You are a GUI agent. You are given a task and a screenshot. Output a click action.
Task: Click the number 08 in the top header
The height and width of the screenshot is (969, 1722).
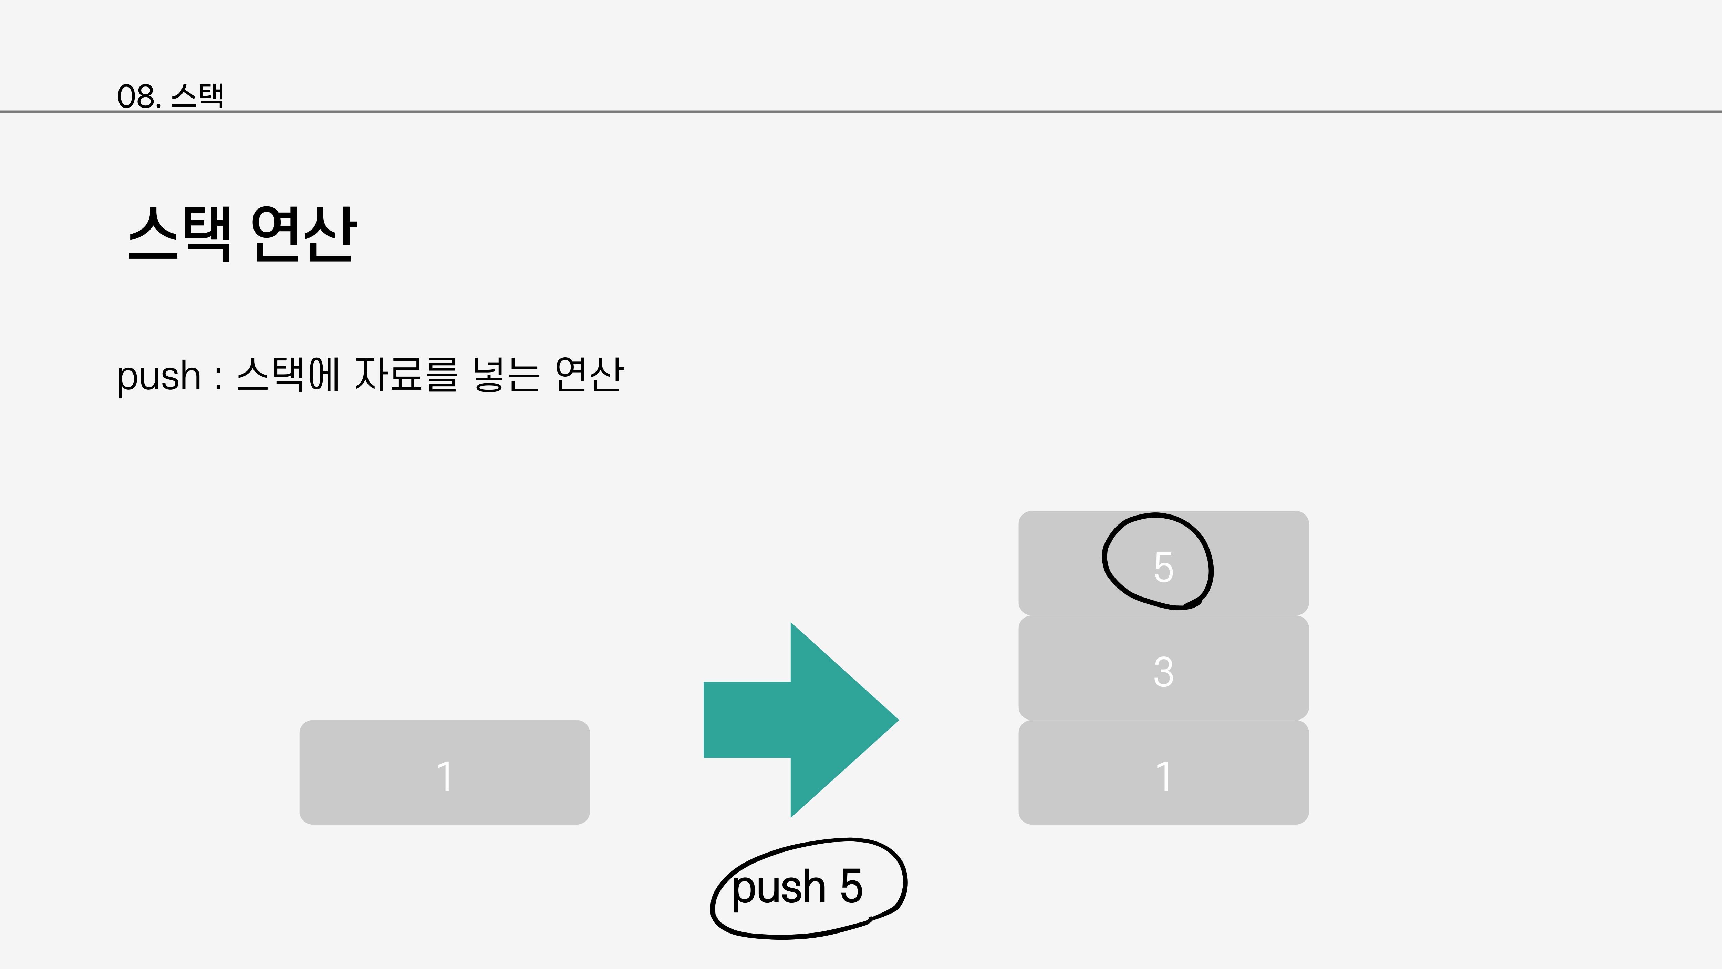coord(136,96)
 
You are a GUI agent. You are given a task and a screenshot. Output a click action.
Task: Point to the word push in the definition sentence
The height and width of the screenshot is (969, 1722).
coord(158,377)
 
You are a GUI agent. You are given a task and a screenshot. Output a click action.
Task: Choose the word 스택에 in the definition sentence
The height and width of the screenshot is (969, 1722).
coord(289,375)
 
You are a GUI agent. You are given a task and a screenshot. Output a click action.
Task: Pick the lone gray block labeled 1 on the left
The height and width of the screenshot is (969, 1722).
coord(445,772)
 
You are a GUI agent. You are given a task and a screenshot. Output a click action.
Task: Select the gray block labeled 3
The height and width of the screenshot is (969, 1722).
coord(1163,669)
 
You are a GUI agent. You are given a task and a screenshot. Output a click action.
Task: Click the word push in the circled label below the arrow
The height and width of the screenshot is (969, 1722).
coord(779,888)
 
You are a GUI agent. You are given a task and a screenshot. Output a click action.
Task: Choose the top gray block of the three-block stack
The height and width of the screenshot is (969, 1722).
coord(1070,563)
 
